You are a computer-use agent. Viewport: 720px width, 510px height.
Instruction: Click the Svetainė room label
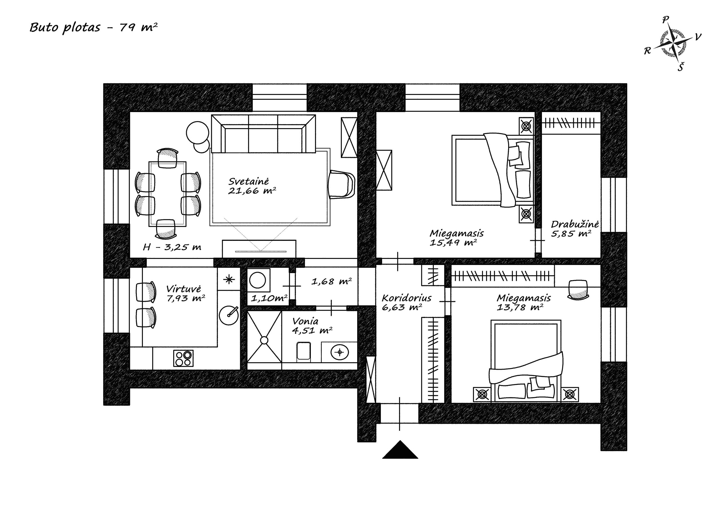pyautogui.click(x=249, y=181)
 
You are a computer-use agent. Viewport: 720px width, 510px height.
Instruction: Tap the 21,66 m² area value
pyautogui.click(x=252, y=191)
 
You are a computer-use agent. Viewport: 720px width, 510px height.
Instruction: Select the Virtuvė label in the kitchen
pyautogui.click(x=183, y=289)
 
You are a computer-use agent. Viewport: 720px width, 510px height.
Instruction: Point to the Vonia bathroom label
pyautogui.click(x=305, y=321)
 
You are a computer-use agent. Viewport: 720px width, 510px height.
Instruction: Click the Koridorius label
pyautogui.click(x=406, y=298)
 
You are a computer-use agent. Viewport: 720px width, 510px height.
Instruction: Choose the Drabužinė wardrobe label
pyautogui.click(x=575, y=224)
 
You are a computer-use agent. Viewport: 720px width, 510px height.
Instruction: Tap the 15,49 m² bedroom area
pyautogui.click(x=453, y=242)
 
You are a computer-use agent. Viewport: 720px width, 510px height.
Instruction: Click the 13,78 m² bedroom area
pyautogui.click(x=520, y=307)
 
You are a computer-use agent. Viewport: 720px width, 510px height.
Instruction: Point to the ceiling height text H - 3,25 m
pyautogui.click(x=172, y=247)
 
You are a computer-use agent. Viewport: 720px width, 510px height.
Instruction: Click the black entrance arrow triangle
pyautogui.click(x=400, y=450)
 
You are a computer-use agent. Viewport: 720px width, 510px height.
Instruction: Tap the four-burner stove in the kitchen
pyautogui.click(x=183, y=358)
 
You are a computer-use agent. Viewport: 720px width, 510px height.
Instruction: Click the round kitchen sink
pyautogui.click(x=229, y=315)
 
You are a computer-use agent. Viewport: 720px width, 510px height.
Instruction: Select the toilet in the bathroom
pyautogui.click(x=303, y=351)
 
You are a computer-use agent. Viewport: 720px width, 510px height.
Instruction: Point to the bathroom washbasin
pyautogui.click(x=339, y=352)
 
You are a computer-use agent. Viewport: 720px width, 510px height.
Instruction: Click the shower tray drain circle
pyautogui.click(x=264, y=340)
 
